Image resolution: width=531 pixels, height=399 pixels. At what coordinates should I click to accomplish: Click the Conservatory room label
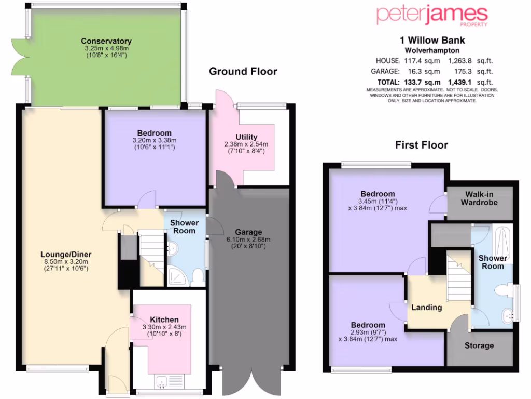(x=106, y=42)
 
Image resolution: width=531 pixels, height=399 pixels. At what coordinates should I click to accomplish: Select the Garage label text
(x=248, y=232)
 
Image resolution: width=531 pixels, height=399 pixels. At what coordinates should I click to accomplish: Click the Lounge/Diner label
(x=66, y=254)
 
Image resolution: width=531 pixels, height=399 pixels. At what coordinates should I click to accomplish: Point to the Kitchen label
(x=164, y=319)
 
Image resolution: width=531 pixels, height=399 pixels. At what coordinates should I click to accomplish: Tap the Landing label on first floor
(x=426, y=307)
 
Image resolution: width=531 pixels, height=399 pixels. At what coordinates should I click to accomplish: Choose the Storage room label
(x=479, y=345)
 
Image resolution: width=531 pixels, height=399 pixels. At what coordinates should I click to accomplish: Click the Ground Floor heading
(x=243, y=72)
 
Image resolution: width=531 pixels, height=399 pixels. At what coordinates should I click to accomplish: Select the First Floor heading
(x=421, y=145)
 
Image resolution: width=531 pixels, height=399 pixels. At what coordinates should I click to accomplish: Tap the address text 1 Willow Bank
(x=432, y=40)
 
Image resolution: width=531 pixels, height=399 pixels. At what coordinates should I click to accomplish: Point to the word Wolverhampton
(x=432, y=51)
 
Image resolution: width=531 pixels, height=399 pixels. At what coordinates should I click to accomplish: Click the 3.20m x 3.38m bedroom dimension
(x=154, y=140)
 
